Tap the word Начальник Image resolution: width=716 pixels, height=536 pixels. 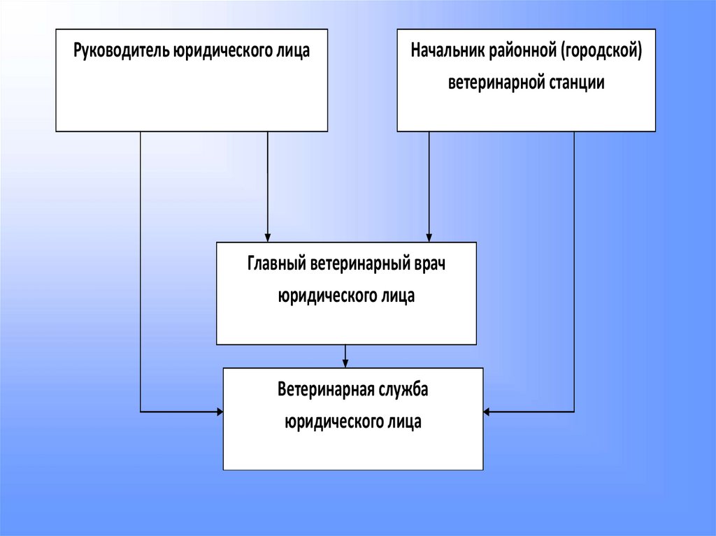(x=443, y=52)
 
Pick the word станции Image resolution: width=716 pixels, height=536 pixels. (x=577, y=82)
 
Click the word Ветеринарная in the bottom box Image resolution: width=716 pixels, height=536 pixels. (x=322, y=390)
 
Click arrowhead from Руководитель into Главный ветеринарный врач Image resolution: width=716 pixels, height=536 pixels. (x=268, y=237)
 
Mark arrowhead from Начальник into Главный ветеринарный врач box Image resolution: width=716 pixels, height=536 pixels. (x=429, y=237)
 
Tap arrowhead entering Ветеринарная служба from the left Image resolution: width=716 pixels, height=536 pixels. (x=219, y=412)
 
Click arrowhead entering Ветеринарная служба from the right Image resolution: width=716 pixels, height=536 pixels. (x=487, y=412)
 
